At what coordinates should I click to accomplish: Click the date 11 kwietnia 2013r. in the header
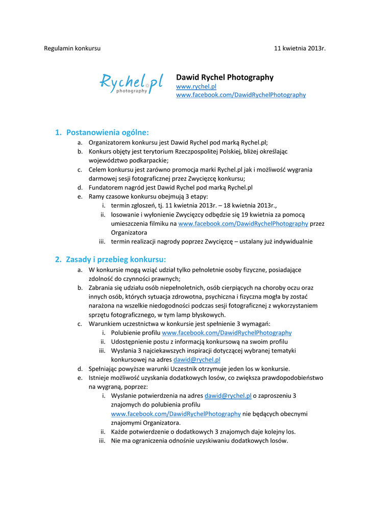pos(300,48)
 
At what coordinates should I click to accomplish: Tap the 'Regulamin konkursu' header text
pos(72,48)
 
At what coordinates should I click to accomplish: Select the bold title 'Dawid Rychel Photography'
pos(225,77)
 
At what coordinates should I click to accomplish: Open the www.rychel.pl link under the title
pos(196,87)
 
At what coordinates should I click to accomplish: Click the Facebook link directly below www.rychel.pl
pos(240,94)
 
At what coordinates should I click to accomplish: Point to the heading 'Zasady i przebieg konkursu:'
pos(116,259)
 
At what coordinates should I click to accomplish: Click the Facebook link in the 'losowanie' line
pos(243,223)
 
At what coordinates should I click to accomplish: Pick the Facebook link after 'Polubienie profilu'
pos(227,332)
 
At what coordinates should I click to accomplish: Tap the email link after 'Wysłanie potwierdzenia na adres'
pos(228,395)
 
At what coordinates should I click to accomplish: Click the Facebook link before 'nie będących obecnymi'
pos(176,414)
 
